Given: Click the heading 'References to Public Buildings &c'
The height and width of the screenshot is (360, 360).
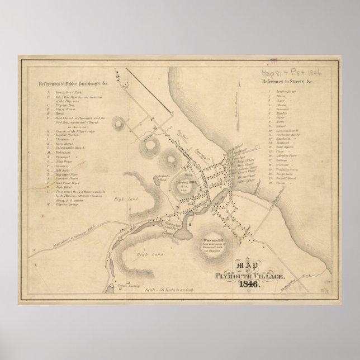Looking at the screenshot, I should point(73,84).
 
